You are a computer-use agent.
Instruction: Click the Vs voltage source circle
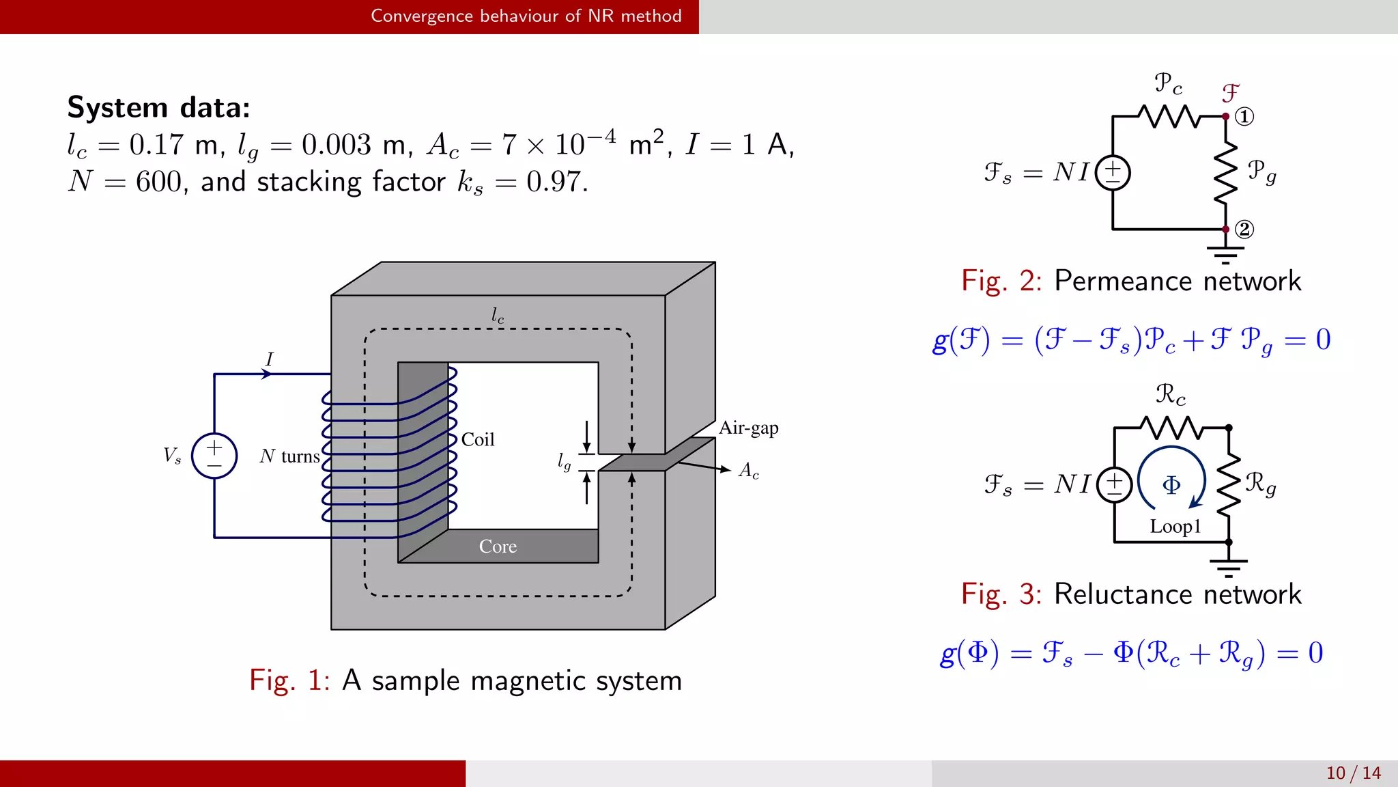point(214,456)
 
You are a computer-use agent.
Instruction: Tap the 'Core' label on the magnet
point(498,547)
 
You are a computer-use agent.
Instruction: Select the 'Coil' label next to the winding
point(478,439)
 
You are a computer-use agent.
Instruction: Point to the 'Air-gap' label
point(748,428)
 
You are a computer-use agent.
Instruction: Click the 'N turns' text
point(290,456)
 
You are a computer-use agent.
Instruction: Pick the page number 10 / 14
point(1353,773)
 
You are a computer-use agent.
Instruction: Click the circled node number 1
point(1244,117)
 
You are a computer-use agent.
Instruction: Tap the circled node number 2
point(1244,229)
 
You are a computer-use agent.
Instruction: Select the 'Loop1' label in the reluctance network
point(1175,526)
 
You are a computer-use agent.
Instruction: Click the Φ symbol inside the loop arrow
point(1171,485)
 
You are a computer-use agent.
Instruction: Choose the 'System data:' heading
point(158,108)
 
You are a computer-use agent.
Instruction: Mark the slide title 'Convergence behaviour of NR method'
point(526,16)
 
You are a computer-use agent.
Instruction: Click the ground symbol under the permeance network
point(1225,254)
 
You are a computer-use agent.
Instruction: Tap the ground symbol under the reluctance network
point(1228,567)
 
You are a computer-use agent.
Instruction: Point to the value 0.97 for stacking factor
point(556,182)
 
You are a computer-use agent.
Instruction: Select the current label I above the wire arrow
point(270,359)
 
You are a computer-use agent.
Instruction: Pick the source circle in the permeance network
point(1113,173)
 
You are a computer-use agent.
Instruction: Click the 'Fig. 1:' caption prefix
point(289,680)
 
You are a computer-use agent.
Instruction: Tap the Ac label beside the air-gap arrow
point(748,471)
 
